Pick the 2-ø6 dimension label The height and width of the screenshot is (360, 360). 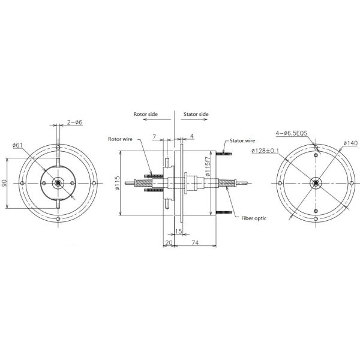[74, 122]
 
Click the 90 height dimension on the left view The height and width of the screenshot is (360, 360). [5, 183]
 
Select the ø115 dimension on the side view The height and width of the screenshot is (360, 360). [118, 183]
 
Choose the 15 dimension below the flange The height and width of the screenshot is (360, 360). [178, 230]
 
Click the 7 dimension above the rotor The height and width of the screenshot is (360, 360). [154, 137]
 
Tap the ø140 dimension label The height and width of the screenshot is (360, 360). [350, 143]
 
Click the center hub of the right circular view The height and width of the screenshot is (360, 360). [315, 183]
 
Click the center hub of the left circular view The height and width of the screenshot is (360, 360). [57, 183]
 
